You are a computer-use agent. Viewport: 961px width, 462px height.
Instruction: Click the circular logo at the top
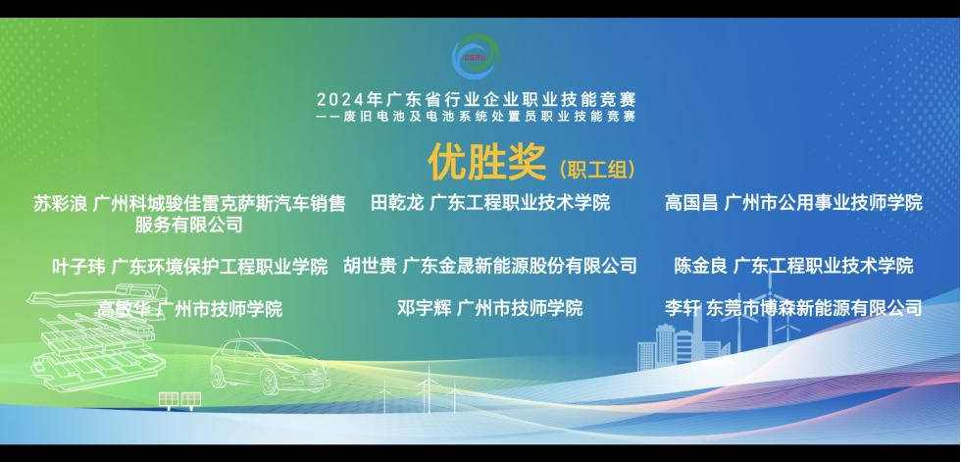point(476,56)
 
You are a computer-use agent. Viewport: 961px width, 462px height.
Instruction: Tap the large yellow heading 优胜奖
point(486,163)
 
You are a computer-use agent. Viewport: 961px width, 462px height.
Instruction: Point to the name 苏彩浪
point(60,203)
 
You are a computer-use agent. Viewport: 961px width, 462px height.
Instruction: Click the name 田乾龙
point(397,202)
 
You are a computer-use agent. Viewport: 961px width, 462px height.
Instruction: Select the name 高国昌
point(691,202)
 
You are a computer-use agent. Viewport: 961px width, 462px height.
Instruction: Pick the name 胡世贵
point(370,265)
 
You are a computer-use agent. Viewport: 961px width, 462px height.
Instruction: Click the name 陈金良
point(700,265)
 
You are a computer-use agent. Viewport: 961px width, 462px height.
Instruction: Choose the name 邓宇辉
point(424,307)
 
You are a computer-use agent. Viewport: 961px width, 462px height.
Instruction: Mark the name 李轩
point(683,307)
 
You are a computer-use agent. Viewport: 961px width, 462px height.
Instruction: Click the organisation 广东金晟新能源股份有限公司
point(520,265)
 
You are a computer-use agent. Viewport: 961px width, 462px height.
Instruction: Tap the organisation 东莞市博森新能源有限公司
point(814,307)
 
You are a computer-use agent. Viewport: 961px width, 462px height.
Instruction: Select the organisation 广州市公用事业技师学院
point(823,202)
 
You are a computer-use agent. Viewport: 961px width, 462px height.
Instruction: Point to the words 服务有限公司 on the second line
point(188,225)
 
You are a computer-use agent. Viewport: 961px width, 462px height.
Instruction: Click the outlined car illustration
point(271,365)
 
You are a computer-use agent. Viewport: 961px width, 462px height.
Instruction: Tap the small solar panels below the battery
point(179,401)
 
